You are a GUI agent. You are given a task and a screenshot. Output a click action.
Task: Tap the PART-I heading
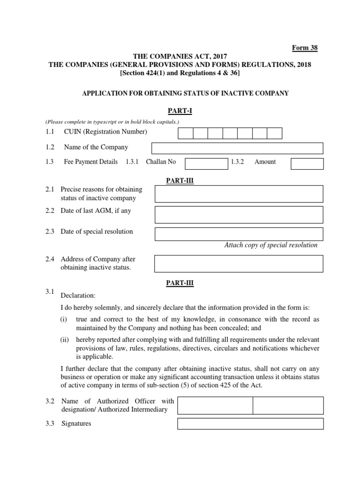pyautogui.click(x=180, y=111)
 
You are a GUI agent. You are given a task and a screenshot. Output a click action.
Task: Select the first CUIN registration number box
pyautogui.click(x=186, y=133)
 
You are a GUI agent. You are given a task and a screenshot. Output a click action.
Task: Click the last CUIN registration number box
pyautogui.click(x=274, y=133)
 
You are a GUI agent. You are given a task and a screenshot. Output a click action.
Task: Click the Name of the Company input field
pyautogui.click(x=237, y=148)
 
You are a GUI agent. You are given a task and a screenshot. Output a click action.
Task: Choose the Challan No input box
pyautogui.click(x=206, y=163)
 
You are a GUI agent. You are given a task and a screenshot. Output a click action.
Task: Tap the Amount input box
pyautogui.click(x=307, y=163)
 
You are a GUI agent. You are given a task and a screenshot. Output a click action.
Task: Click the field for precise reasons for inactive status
pyautogui.click(x=239, y=194)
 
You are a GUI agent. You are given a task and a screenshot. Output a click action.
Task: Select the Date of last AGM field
pyautogui.click(x=239, y=214)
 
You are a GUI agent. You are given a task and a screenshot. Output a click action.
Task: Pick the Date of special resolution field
pyautogui.click(x=239, y=233)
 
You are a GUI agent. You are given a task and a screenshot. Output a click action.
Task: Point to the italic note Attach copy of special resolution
pyautogui.click(x=271, y=245)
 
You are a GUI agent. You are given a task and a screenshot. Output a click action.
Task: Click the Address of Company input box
pyautogui.click(x=239, y=263)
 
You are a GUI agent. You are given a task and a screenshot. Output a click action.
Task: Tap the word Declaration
pyautogui.click(x=78, y=296)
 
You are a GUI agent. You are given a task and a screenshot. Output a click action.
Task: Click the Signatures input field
pyautogui.click(x=250, y=424)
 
